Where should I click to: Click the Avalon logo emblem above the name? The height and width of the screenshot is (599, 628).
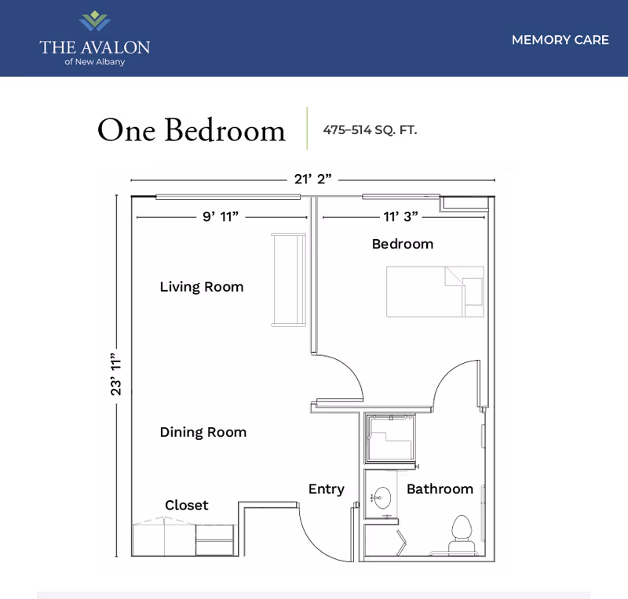tap(94, 21)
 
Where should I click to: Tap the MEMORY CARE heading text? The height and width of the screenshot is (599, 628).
tap(560, 40)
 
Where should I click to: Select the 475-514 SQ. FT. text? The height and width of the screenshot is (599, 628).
tap(371, 130)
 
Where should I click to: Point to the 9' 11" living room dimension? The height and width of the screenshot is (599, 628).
tap(220, 217)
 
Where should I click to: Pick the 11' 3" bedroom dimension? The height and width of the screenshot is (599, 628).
tap(400, 217)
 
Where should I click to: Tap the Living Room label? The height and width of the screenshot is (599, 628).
tap(202, 287)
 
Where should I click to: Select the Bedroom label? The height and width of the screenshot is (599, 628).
tap(402, 244)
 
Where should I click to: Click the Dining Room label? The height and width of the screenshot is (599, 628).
tap(203, 432)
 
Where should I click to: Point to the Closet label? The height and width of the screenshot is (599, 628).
tap(187, 505)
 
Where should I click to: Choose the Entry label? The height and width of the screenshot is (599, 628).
tap(326, 489)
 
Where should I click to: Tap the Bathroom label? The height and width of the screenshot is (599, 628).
tap(440, 489)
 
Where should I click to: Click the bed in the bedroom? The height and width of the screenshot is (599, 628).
tap(434, 292)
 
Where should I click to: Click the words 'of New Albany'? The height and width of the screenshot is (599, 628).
tap(94, 63)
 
